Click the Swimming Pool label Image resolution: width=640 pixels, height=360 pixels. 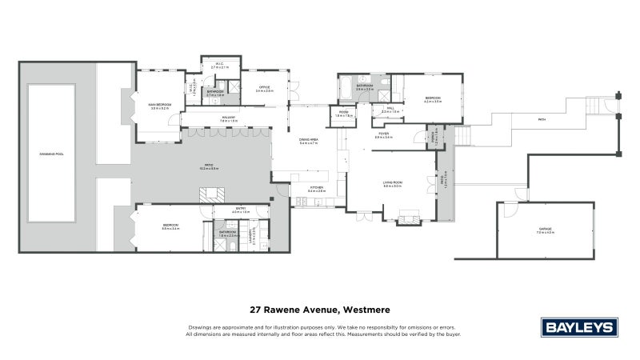tap(51, 153)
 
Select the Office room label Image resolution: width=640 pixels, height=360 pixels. tap(265, 88)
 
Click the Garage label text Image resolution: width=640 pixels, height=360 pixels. tap(546, 230)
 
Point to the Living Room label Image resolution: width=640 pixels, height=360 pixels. tap(392, 183)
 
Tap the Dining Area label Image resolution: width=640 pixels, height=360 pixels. tap(309, 141)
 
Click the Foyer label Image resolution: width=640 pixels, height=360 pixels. tap(383, 135)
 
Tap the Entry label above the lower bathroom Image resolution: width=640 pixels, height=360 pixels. tap(241, 210)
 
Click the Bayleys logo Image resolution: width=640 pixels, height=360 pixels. tap(578, 327)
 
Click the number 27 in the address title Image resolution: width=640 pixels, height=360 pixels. tap(256, 309)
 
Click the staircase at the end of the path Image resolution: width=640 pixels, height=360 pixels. tap(595, 106)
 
